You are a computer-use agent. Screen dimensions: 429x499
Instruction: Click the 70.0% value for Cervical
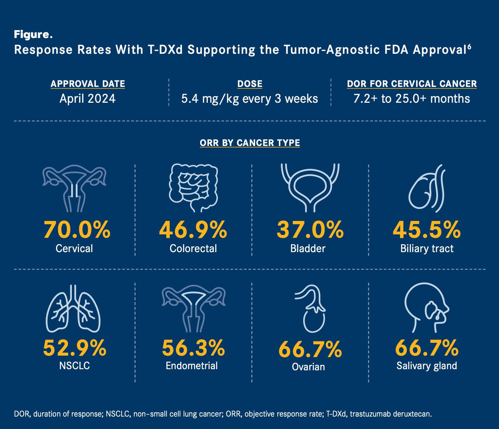(77, 230)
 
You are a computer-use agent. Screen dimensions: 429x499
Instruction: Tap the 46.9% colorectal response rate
(193, 230)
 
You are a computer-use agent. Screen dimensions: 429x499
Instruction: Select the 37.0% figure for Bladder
(310, 230)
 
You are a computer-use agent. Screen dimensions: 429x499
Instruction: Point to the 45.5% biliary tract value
(427, 230)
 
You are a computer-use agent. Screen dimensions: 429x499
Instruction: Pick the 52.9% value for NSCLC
(75, 348)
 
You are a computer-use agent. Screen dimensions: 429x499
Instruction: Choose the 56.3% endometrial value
(193, 348)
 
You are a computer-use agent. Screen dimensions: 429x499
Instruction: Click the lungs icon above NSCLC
(73, 309)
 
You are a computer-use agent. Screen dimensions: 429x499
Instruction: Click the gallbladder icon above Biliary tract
(427, 188)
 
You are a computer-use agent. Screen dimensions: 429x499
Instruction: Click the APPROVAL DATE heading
(88, 84)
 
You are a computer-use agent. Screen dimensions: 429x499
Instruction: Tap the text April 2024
(88, 99)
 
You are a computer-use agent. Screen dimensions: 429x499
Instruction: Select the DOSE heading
(250, 84)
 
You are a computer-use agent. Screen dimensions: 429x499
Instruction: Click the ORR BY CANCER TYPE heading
(250, 143)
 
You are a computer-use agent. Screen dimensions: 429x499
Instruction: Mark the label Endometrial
(192, 366)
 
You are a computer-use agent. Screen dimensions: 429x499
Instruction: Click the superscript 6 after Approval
(469, 47)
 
